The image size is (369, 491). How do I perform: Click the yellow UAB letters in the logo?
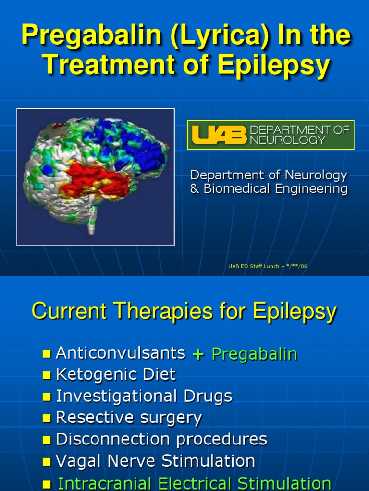click(x=219, y=135)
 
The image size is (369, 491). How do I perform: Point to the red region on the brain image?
click(x=96, y=179)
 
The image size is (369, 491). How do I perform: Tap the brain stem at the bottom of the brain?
click(x=92, y=223)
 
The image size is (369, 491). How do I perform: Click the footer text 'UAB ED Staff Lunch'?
click(x=253, y=266)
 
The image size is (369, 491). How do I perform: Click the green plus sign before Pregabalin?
click(x=198, y=354)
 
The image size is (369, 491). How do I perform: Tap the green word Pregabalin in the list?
click(x=254, y=354)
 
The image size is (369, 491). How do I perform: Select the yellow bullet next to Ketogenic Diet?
click(x=47, y=375)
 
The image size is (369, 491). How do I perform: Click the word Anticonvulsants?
click(x=121, y=353)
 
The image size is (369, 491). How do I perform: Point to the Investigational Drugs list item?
click(x=144, y=396)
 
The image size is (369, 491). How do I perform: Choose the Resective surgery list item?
click(x=129, y=418)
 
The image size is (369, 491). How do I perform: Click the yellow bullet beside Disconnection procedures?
click(x=47, y=440)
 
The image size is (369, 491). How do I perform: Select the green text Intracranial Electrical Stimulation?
click(x=194, y=483)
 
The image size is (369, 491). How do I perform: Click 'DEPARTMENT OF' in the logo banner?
click(x=300, y=129)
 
